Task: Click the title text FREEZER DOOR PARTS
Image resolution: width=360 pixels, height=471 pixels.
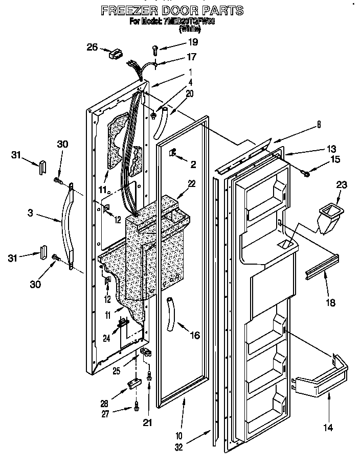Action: click(x=171, y=10)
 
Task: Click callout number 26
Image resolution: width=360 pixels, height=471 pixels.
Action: click(x=92, y=47)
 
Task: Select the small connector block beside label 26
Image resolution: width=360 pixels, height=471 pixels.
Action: click(x=117, y=53)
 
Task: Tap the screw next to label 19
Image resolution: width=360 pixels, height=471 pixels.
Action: click(x=154, y=50)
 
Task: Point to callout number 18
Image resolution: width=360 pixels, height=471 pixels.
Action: click(x=330, y=302)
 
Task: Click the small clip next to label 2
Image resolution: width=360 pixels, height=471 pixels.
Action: click(x=173, y=152)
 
